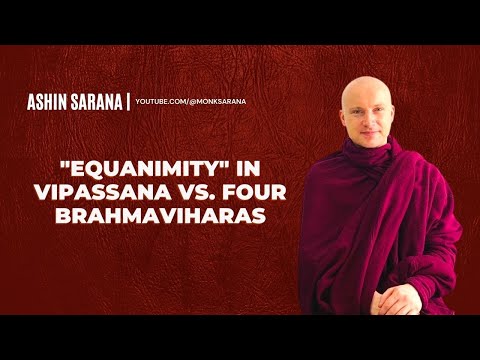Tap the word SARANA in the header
click(99, 102)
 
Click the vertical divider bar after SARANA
click(127, 102)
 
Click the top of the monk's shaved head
click(362, 80)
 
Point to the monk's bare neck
click(370, 145)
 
